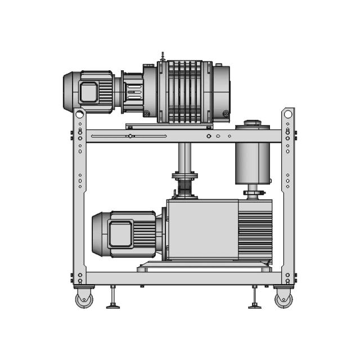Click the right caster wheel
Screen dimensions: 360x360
pyautogui.click(x=283, y=299)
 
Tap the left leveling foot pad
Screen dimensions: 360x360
pyautogui.click(x=113, y=306)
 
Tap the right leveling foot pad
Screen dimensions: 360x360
pyautogui.click(x=255, y=306)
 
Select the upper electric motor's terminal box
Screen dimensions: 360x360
pyautogui.click(x=89, y=92)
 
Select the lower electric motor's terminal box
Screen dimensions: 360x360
pyautogui.click(x=120, y=234)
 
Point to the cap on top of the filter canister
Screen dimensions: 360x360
pyautogui.click(x=252, y=122)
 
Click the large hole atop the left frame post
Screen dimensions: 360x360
pyautogui.click(x=80, y=114)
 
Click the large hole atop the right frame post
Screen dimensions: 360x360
pyautogui.click(x=288, y=114)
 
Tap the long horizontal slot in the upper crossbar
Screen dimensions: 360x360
pyautogui.click(x=129, y=136)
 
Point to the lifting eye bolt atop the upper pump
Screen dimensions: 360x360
pyautogui.click(x=163, y=56)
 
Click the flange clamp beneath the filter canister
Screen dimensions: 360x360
pyautogui.click(x=254, y=195)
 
